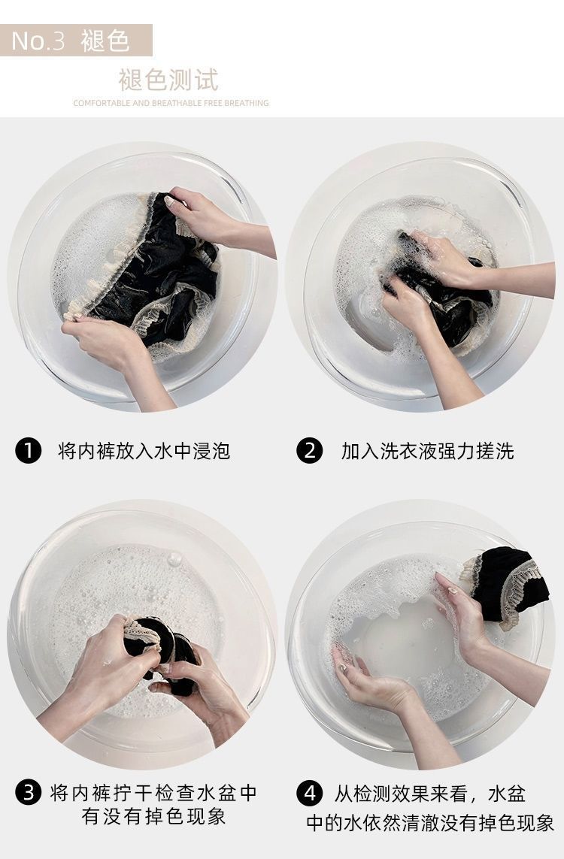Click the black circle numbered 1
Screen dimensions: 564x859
tap(29, 451)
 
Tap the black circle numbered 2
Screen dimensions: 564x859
tap(310, 451)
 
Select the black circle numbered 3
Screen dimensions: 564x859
tap(29, 793)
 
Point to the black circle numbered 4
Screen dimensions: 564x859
tap(310, 793)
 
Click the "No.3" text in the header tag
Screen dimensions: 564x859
tap(38, 41)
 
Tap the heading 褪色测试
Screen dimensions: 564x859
tap(168, 80)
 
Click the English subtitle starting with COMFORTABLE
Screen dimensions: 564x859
tap(171, 103)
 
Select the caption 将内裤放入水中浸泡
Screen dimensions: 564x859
tap(144, 451)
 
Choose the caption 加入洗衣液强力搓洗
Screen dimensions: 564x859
tap(428, 451)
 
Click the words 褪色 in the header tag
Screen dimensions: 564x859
tap(105, 41)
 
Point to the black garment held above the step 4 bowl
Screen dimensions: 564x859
tap(510, 583)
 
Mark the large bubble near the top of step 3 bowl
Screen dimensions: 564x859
tap(175, 559)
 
